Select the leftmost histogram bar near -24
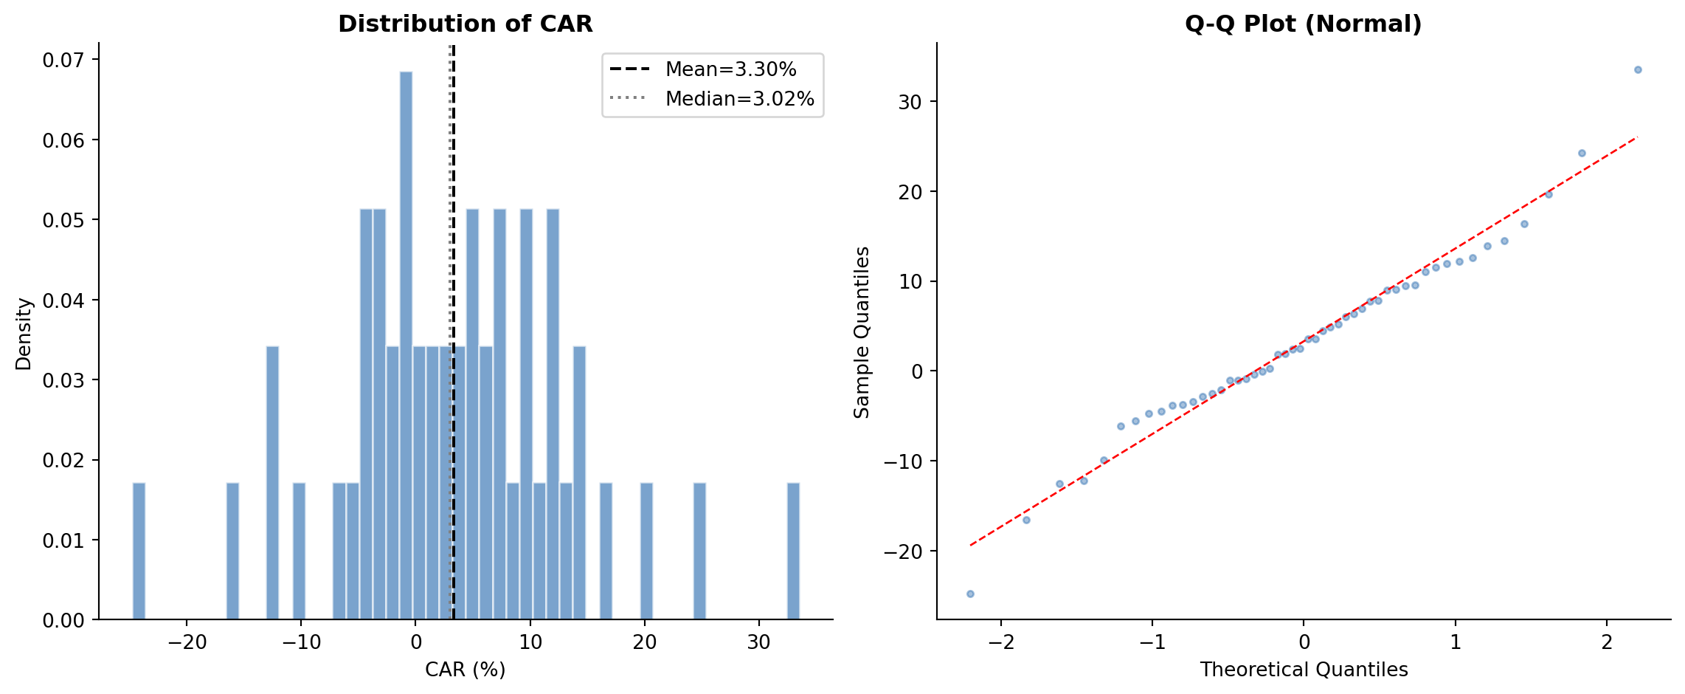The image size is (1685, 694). click(139, 551)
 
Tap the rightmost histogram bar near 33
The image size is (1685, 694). click(793, 551)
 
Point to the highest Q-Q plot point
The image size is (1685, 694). click(1637, 70)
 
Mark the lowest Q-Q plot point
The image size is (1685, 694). click(970, 594)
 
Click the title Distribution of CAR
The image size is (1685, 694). click(465, 24)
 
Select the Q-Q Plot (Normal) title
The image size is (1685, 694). click(1303, 24)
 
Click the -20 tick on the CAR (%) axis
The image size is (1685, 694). click(187, 642)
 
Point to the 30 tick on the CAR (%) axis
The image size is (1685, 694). click(758, 642)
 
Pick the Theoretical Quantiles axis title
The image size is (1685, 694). click(1304, 670)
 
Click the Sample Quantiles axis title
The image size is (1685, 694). click(862, 332)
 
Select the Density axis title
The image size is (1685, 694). click(24, 334)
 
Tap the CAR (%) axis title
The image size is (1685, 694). click(465, 670)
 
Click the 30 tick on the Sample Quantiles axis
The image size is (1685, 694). click(910, 102)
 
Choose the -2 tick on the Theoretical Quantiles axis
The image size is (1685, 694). click(1000, 642)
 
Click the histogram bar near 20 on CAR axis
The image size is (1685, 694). click(646, 551)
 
